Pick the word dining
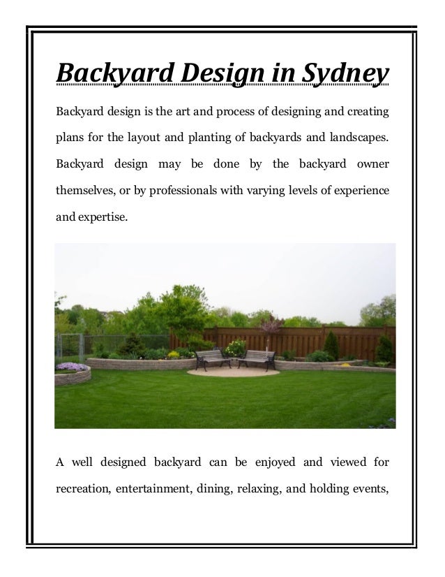220,487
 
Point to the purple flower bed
73,367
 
